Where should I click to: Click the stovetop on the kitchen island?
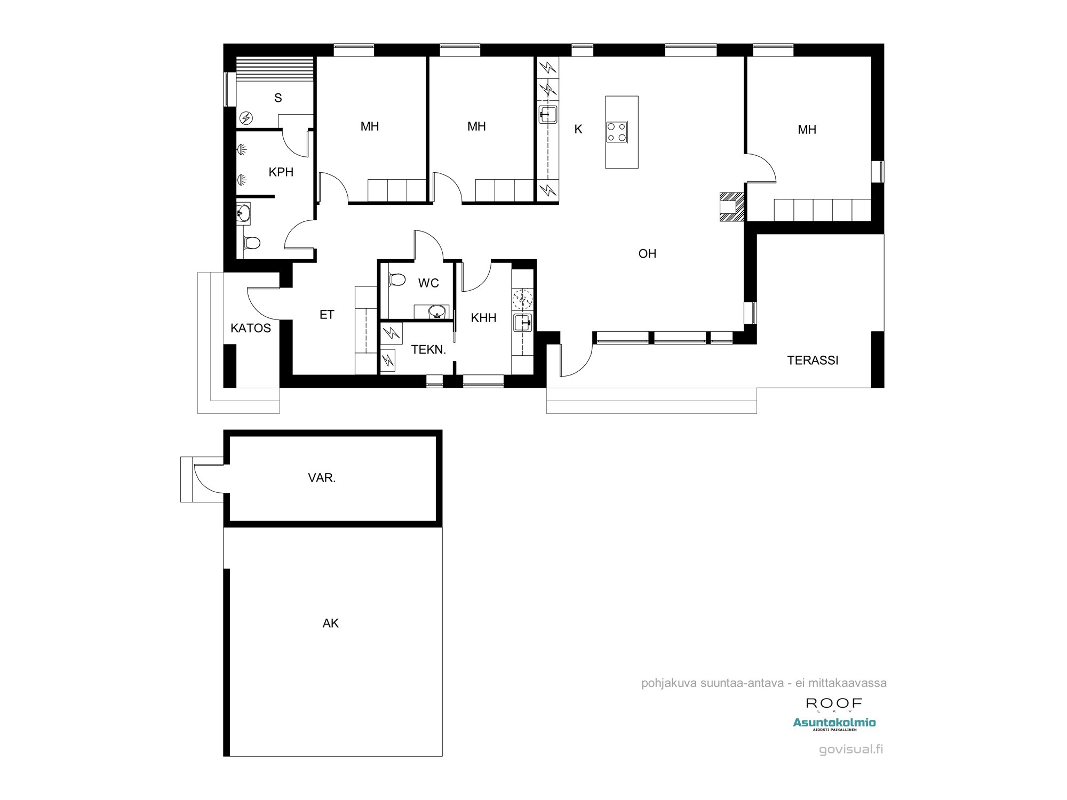[x=616, y=132]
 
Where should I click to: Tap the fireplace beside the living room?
[x=731, y=206]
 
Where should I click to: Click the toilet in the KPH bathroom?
[x=251, y=243]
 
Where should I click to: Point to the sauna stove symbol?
[x=246, y=118]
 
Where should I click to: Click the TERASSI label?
[x=813, y=361]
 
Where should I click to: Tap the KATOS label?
[x=251, y=328]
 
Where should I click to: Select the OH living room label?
[x=647, y=254]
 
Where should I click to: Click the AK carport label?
[x=331, y=623]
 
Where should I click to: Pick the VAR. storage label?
[x=322, y=478]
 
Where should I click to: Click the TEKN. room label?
[x=428, y=350]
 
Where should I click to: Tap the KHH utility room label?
[x=484, y=318]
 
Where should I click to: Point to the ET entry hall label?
[x=327, y=315]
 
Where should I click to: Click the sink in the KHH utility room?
[x=523, y=323]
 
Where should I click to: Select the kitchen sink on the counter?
[x=548, y=114]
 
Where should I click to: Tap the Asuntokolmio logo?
[x=834, y=724]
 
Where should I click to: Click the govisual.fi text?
[x=851, y=749]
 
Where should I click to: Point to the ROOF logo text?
[x=834, y=703]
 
